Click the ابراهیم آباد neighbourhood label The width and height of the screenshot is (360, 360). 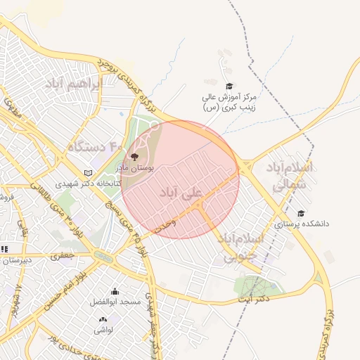[74, 84]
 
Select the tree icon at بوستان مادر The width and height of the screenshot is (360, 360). [134, 156]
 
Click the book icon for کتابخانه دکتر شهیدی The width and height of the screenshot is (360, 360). [88, 172]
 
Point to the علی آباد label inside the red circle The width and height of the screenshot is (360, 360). [181, 192]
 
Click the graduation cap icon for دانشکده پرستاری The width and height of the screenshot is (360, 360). [301, 213]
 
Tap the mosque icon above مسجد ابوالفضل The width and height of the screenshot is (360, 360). [115, 291]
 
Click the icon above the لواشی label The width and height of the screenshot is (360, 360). [103, 319]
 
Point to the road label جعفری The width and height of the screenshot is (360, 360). [63, 257]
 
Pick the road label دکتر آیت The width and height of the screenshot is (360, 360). [254, 299]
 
